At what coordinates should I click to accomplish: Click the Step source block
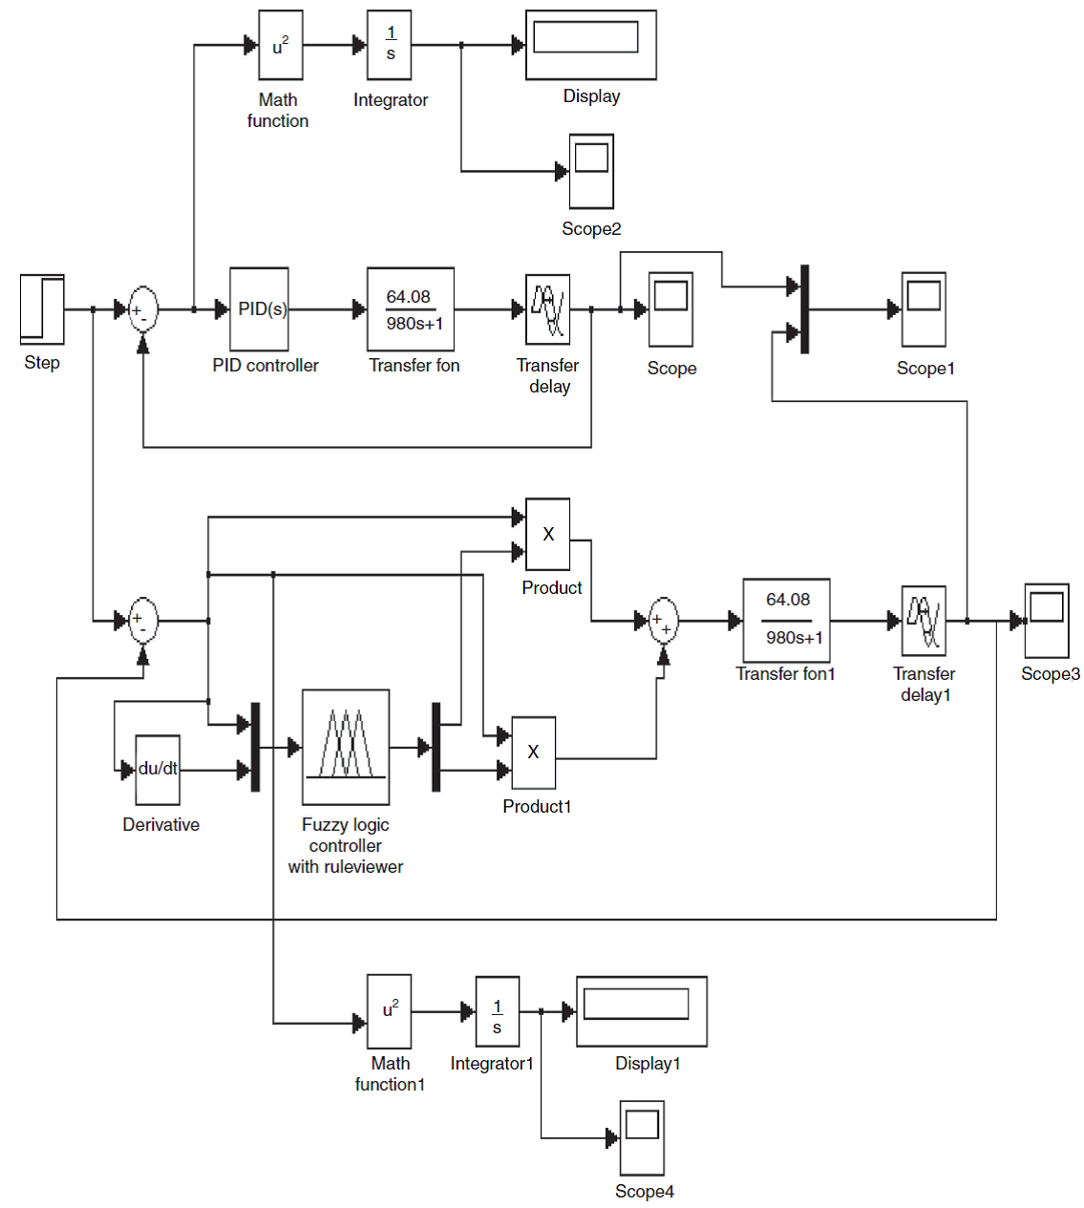42,309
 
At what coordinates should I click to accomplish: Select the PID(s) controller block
259,309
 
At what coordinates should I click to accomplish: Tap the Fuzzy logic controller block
346,747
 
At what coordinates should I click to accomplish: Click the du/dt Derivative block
158,770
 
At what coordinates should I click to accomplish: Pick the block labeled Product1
533,752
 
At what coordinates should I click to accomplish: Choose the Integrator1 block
498,1011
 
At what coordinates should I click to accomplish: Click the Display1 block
642,1011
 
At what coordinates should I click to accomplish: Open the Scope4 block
642,1137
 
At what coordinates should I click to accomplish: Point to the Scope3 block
1047,621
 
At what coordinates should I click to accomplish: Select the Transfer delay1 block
924,621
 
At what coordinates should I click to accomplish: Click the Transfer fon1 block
786,621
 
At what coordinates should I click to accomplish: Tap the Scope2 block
591,171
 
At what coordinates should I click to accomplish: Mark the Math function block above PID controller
281,45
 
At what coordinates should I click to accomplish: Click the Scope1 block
924,309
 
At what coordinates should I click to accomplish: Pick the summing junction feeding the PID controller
143,309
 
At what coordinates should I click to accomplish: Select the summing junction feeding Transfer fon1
663,621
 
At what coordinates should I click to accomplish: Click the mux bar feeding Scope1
805,309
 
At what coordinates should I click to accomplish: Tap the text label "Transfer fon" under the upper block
414,366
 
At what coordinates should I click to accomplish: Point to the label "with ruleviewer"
346,867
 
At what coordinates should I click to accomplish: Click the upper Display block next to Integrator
591,45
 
